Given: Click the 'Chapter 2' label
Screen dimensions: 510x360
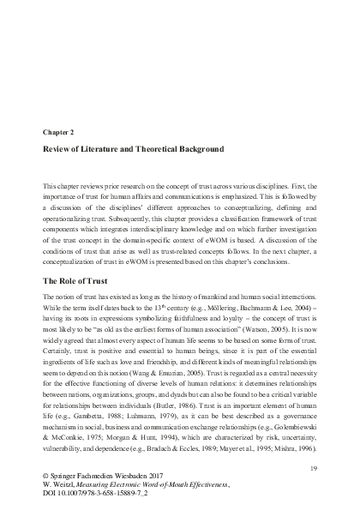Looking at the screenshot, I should pyautogui.click(x=60, y=134).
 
